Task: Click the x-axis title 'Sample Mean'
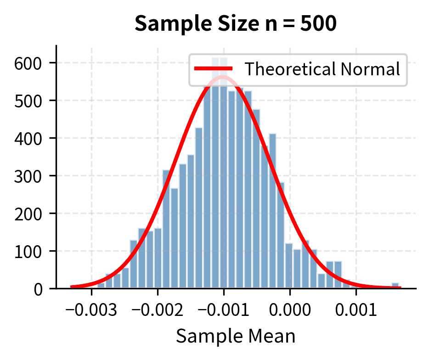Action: pyautogui.click(x=236, y=336)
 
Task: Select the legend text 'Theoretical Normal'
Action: pyautogui.click(x=322, y=69)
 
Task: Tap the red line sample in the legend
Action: pyautogui.click(x=214, y=69)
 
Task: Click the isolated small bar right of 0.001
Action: pyautogui.click(x=395, y=286)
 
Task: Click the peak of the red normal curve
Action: pyautogui.click(x=224, y=77)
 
